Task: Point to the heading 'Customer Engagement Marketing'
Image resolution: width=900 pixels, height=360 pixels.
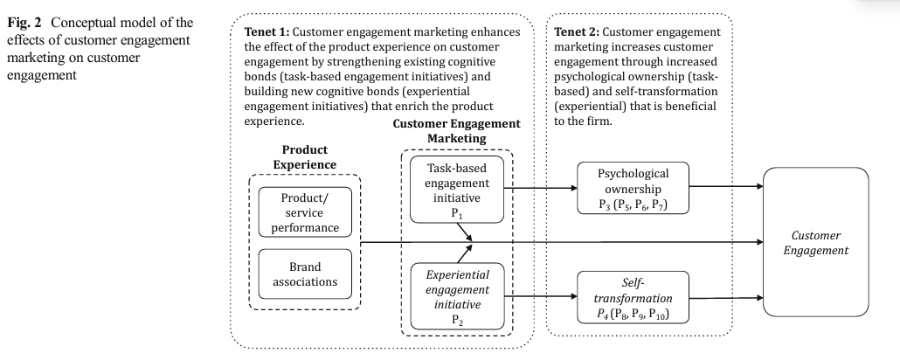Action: click(x=456, y=131)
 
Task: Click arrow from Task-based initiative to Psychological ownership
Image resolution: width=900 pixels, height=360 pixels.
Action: click(x=544, y=186)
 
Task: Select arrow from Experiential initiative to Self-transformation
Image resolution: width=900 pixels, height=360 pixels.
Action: click(x=544, y=297)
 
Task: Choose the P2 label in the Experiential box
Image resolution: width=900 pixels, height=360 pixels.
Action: click(x=458, y=321)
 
